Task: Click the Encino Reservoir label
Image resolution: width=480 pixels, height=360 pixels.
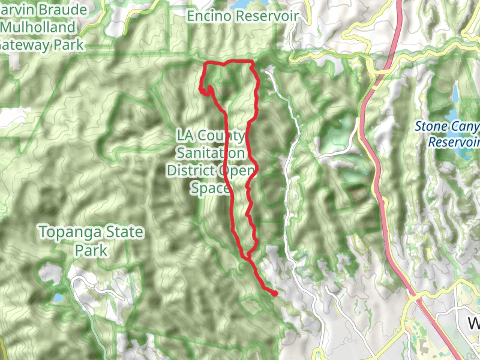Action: tap(242, 16)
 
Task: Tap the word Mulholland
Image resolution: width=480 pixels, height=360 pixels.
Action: tap(38, 28)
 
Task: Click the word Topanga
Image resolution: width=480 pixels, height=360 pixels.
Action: tap(64, 232)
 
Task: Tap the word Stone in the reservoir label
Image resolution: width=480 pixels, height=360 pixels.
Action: tap(430, 127)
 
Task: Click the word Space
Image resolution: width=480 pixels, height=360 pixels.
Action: tap(210, 188)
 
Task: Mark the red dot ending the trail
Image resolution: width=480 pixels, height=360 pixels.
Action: tap(274, 293)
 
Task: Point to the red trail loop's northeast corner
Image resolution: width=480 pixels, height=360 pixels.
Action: tap(252, 62)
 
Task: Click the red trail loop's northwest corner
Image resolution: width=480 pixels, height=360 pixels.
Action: tap(206, 64)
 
